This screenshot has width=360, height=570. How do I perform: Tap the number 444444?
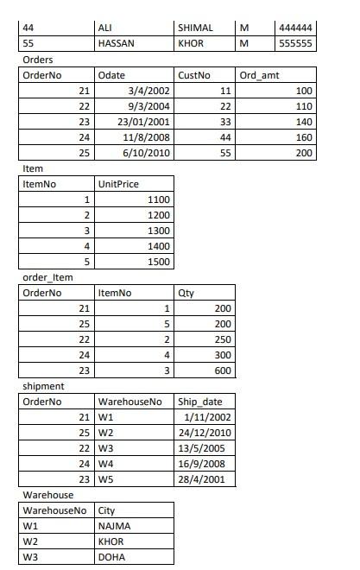[297, 28]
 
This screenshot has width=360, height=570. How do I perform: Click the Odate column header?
[112, 75]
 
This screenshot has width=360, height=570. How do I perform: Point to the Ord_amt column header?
[260, 75]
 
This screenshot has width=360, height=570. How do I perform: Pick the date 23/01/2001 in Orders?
[144, 122]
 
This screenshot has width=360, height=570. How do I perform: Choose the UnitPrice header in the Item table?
[118, 184]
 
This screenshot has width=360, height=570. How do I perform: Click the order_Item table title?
[47, 277]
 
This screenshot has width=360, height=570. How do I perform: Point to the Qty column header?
[186, 293]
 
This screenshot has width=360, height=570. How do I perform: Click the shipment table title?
[42, 386]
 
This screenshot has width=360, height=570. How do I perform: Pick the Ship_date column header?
[200, 402]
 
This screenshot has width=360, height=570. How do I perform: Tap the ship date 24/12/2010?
[205, 433]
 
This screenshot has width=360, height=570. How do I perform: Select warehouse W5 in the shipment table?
[106, 479]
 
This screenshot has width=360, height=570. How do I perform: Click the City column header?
[108, 510]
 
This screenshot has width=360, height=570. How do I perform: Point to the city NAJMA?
[113, 526]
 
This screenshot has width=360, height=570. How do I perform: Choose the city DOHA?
[111, 557]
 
